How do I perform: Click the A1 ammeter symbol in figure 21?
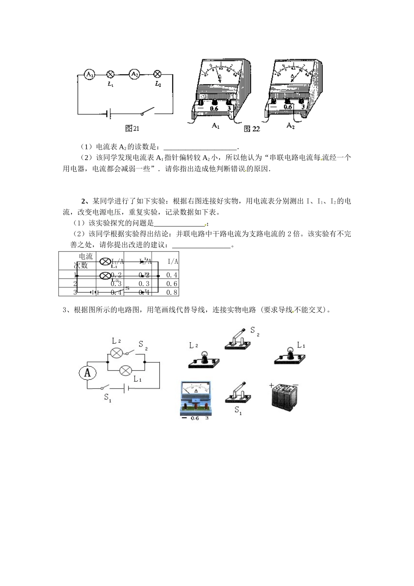point(89,75)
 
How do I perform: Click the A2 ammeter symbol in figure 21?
point(134,75)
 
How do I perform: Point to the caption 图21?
point(132,128)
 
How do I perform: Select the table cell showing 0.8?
point(173,292)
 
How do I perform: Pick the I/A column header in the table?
point(173,262)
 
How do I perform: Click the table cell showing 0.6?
point(173,283)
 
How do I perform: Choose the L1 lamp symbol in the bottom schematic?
point(126,370)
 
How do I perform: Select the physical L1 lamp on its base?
point(289,356)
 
